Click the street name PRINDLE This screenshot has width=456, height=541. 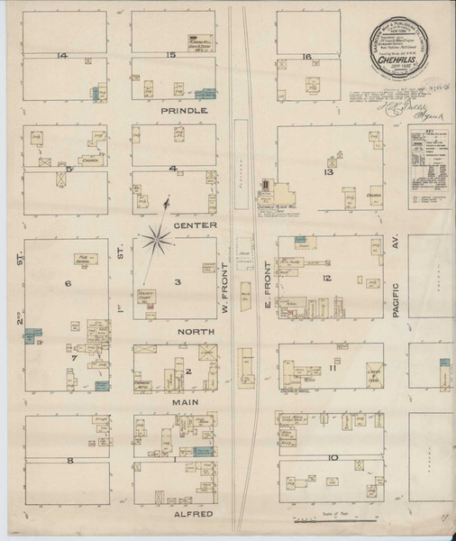[x=184, y=110]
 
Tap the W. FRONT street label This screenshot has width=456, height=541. [x=224, y=289]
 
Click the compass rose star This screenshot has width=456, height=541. [x=160, y=241]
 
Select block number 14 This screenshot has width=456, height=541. [x=62, y=57]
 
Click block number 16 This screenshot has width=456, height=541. [x=306, y=57]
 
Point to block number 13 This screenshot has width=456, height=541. [x=328, y=171]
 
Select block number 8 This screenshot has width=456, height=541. [x=68, y=460]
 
